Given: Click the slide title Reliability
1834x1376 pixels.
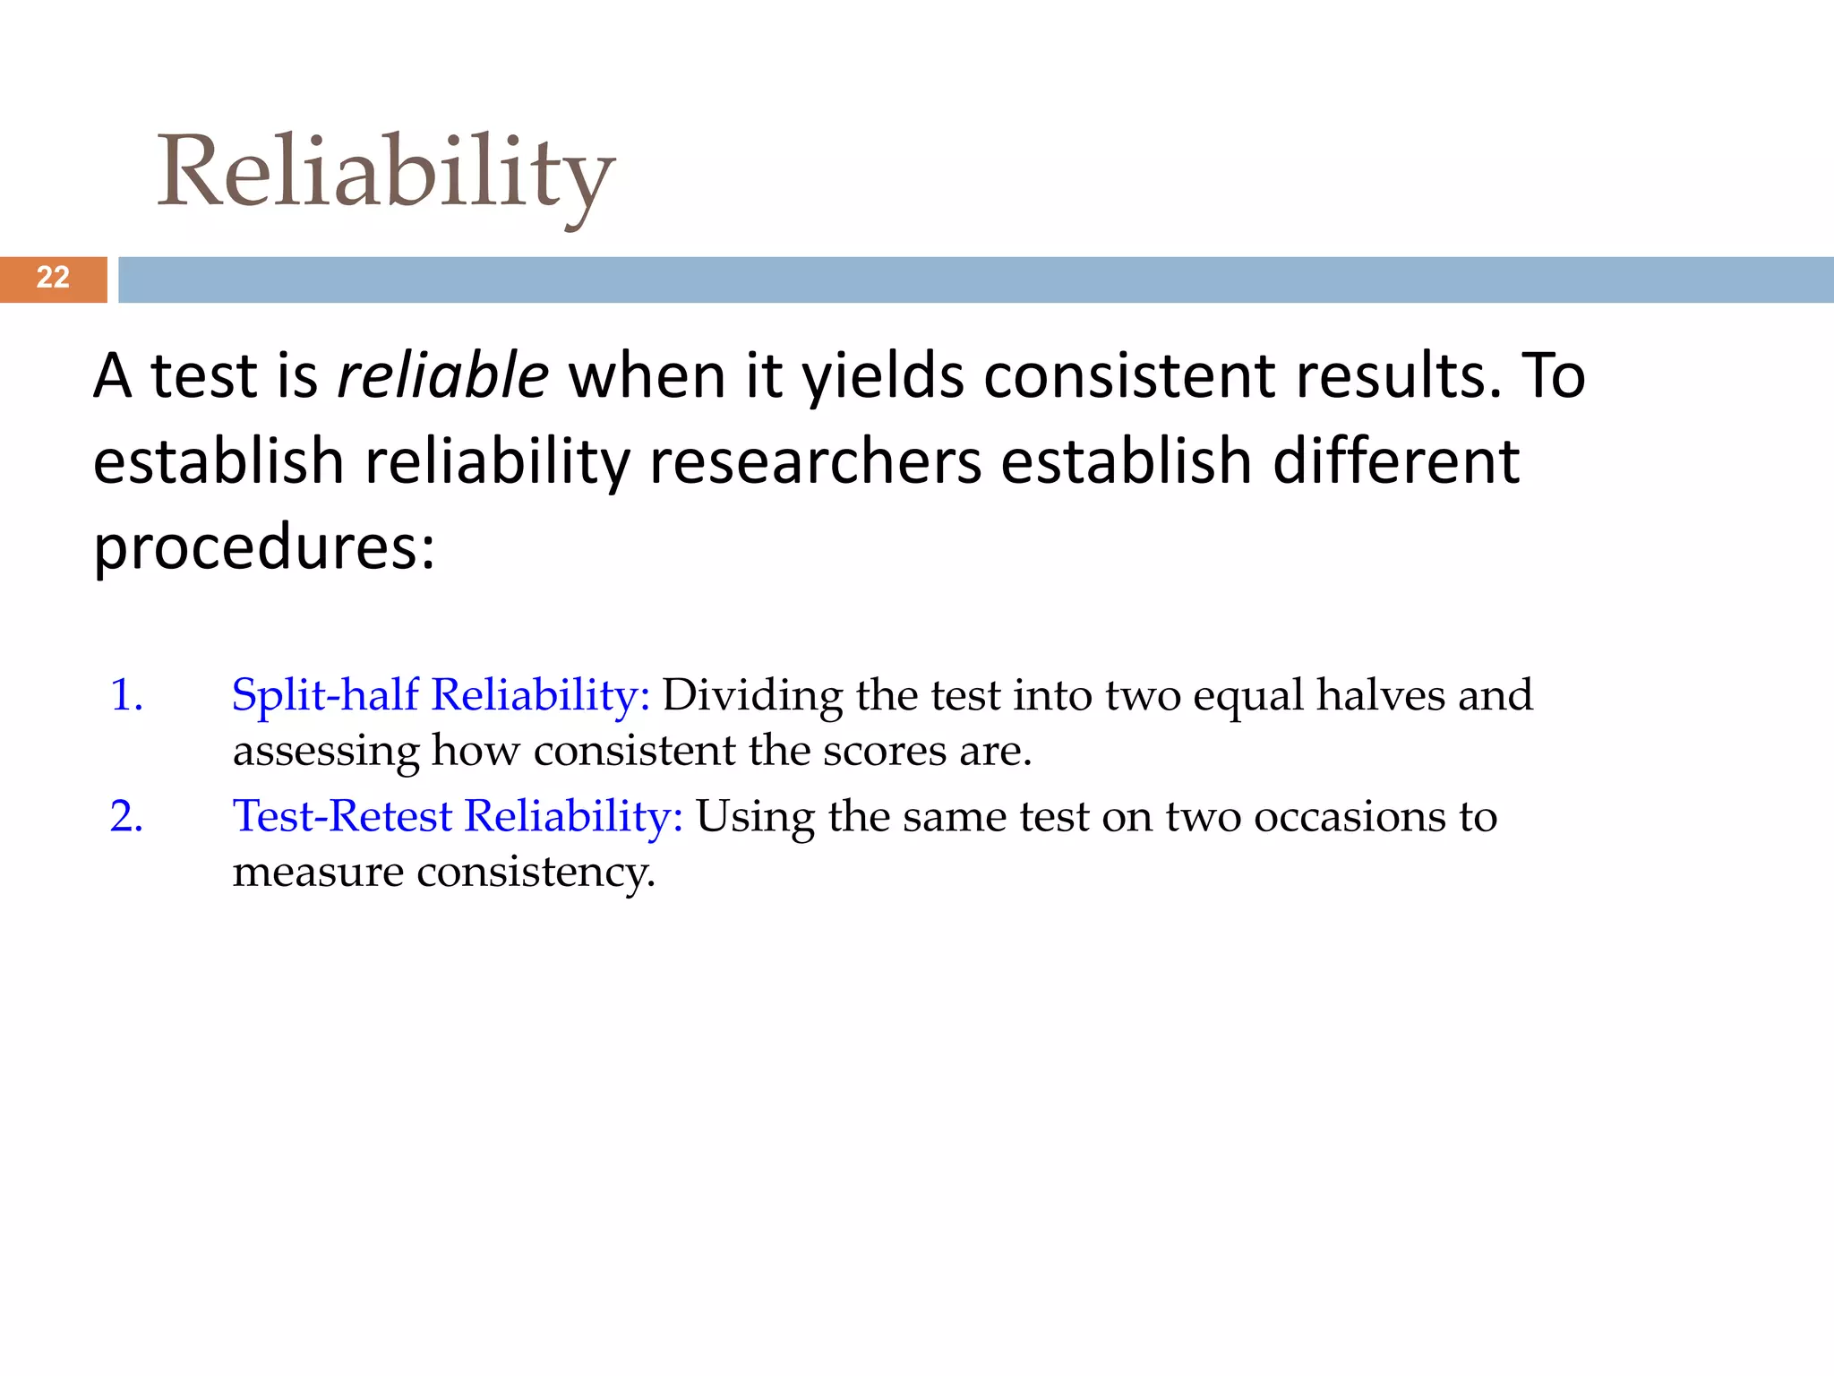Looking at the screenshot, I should (x=385, y=172).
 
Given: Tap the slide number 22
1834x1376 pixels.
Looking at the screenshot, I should (x=53, y=278).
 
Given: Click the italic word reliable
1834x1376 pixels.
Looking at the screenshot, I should (x=442, y=375).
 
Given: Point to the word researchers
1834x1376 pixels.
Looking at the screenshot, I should (x=815, y=462).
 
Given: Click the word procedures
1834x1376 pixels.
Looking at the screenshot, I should (x=263, y=547).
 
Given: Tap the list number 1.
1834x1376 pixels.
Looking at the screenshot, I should (x=126, y=695).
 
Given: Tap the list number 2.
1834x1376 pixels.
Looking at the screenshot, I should (x=126, y=817).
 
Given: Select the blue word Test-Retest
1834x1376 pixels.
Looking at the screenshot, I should (x=342, y=817).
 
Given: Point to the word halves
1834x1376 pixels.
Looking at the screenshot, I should (x=1380, y=695).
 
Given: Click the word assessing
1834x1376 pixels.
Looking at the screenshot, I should (x=326, y=751).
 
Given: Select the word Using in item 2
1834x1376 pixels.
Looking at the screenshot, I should (x=755, y=817).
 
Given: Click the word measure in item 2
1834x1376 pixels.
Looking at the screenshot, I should (x=318, y=873).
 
